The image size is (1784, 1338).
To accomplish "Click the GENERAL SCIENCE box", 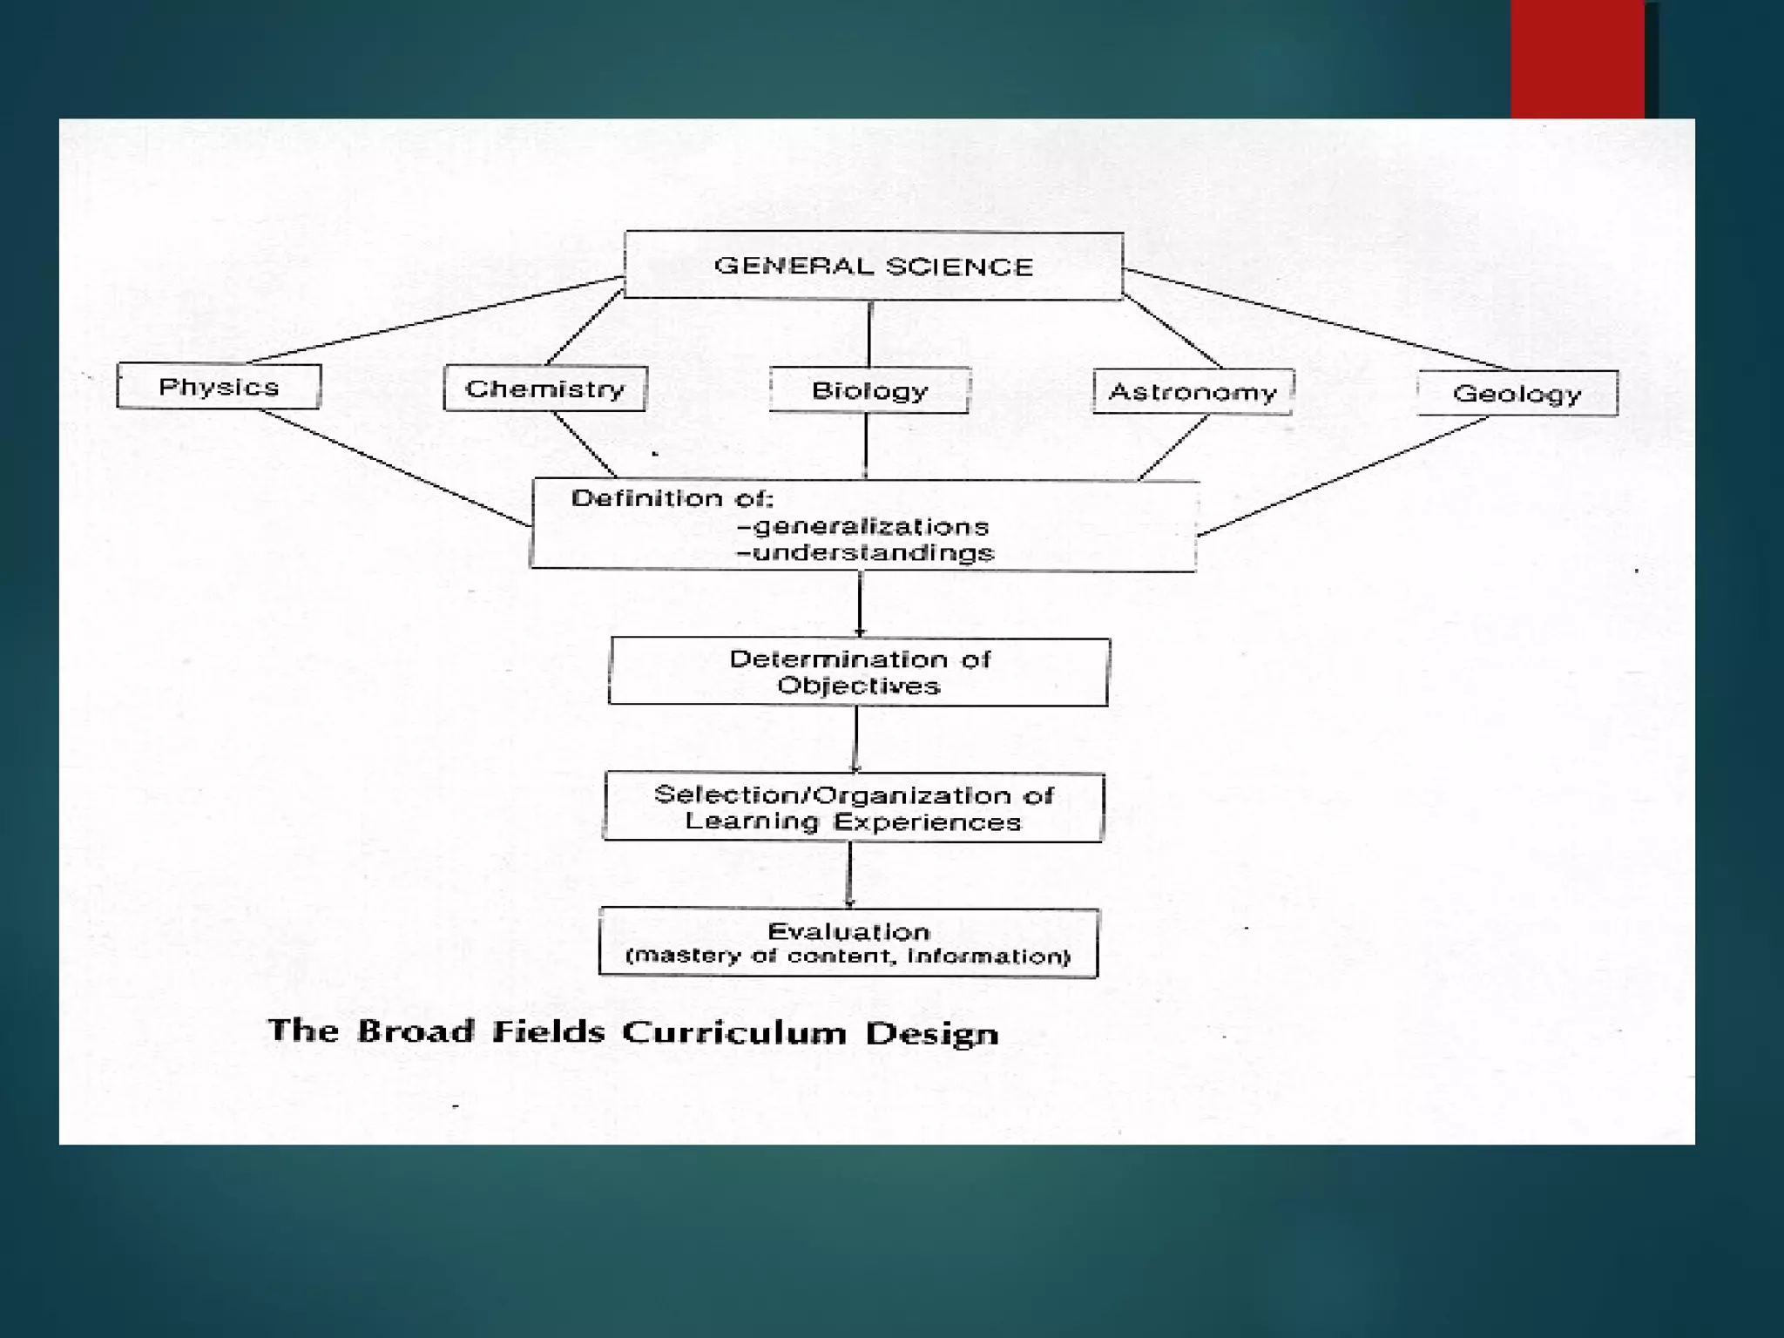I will [x=874, y=266].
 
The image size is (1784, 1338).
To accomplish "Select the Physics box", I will [x=219, y=386].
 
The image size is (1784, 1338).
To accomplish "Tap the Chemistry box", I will [x=545, y=389].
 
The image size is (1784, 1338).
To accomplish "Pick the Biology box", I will [x=869, y=390].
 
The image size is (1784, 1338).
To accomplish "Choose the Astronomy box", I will [x=1193, y=392].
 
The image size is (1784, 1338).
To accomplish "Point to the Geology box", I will [x=1517, y=394].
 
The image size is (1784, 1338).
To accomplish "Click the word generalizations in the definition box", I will [x=870, y=526].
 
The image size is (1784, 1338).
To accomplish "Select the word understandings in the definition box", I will [x=873, y=553].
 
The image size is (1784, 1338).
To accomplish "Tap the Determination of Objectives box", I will [x=859, y=672].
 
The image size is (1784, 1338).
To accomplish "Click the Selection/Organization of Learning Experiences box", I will [x=854, y=808].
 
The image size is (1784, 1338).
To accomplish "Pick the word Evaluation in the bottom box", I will [x=848, y=931].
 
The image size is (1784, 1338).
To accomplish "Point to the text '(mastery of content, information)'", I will [x=848, y=956].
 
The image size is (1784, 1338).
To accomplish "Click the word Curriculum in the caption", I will [x=733, y=1032].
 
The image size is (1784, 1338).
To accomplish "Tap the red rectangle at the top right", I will [x=1578, y=59].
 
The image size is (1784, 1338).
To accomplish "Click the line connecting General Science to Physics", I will [x=436, y=320].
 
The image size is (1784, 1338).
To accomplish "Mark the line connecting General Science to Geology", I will [x=1315, y=319].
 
